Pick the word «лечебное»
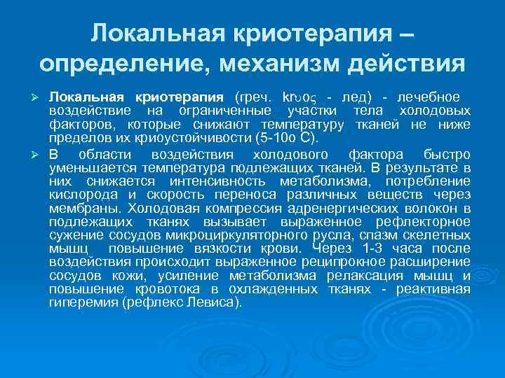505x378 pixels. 429,96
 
